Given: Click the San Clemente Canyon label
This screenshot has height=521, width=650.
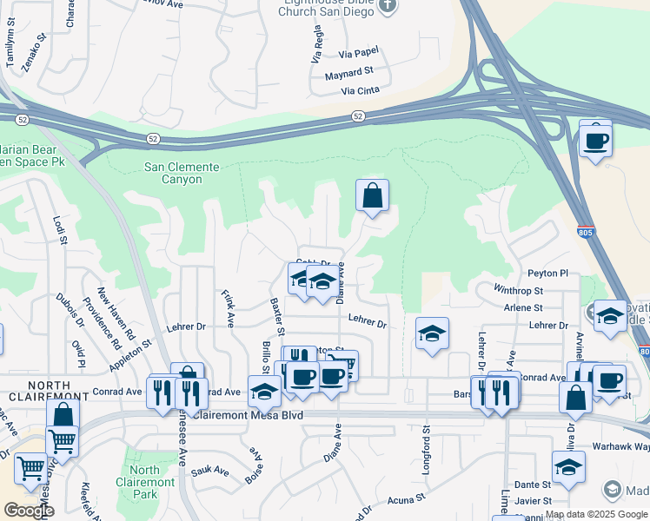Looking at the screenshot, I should pos(173,174).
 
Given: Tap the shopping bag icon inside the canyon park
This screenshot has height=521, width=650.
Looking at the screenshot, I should pos(372,197).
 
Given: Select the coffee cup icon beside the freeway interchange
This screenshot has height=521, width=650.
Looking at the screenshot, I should pos(596,139).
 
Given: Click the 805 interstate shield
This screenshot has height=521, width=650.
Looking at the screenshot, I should pos(585,231).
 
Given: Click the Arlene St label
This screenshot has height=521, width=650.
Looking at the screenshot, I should pos(524,307).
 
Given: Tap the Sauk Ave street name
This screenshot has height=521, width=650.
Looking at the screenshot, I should pos(209,472).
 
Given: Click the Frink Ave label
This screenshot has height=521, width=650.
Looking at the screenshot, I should pos(228,308).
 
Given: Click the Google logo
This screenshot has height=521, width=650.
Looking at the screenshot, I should pos(29,511).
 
